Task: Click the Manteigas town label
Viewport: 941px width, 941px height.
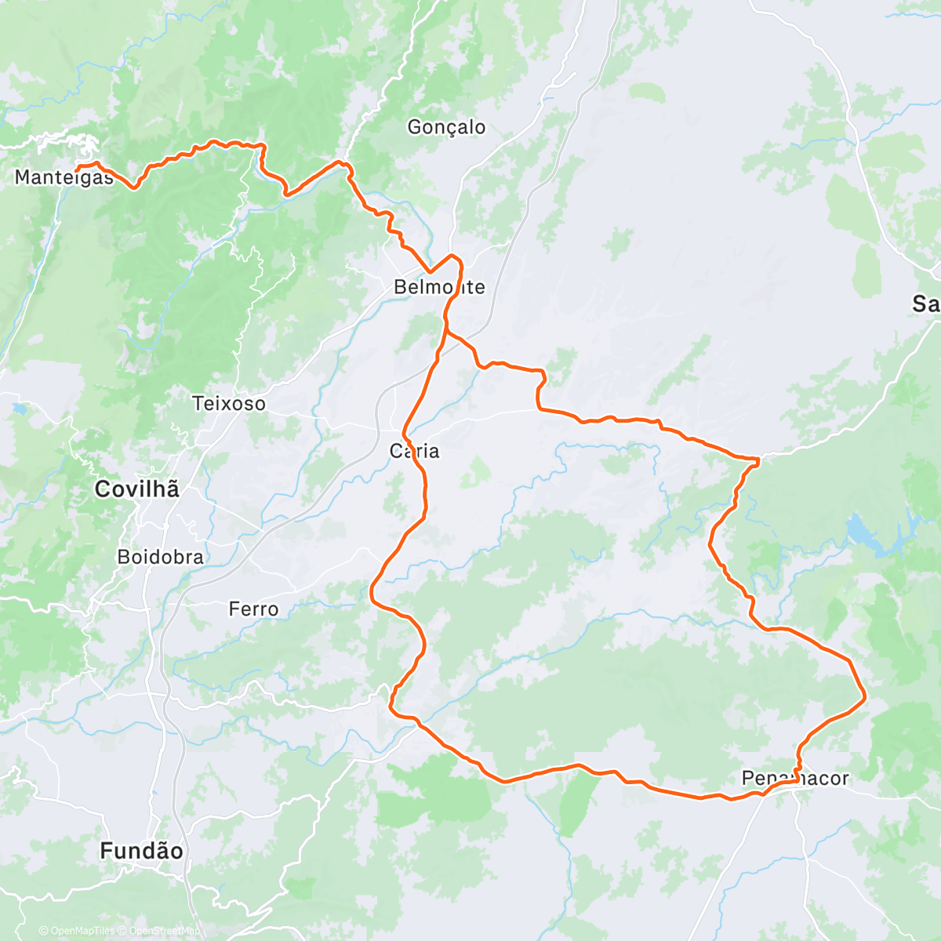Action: [x=64, y=177]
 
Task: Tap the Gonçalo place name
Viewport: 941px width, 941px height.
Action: [x=446, y=127]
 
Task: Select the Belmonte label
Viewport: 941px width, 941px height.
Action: [x=439, y=287]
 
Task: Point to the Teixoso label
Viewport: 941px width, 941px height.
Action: [x=229, y=404]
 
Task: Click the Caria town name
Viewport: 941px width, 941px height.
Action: [x=415, y=451]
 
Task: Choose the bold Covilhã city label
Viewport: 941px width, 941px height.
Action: [x=137, y=489]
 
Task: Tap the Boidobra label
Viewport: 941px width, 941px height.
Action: [x=160, y=558]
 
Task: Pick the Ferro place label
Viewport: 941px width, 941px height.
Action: [x=253, y=609]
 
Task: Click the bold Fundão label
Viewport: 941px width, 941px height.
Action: [x=142, y=851]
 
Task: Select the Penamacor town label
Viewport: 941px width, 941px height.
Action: [x=795, y=778]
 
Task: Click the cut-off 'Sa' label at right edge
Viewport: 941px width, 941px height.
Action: [x=926, y=303]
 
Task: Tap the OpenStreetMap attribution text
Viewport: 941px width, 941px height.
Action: [x=160, y=932]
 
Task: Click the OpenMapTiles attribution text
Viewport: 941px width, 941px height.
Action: [x=82, y=932]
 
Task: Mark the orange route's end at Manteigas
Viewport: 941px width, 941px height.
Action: [x=77, y=167]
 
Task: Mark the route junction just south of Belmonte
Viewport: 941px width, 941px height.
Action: [x=447, y=332]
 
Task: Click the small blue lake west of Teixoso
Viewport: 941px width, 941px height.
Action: [x=18, y=408]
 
